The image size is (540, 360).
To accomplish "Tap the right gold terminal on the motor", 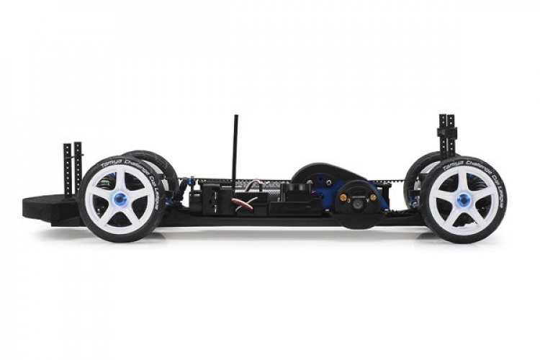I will tap(373, 197).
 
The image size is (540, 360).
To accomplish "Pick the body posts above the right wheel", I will tap(446, 133).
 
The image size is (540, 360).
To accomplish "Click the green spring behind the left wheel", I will tap(105, 183).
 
